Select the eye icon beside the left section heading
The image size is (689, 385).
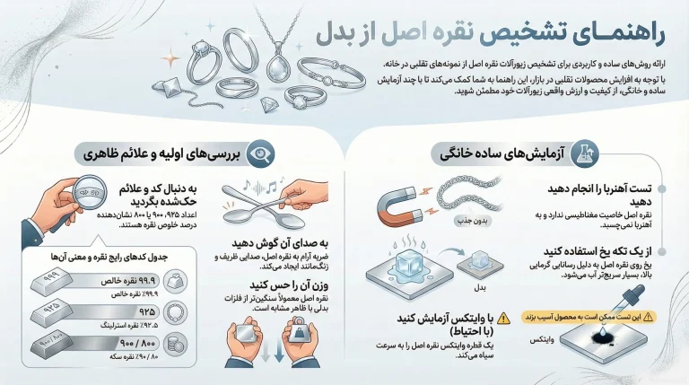(259, 153)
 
